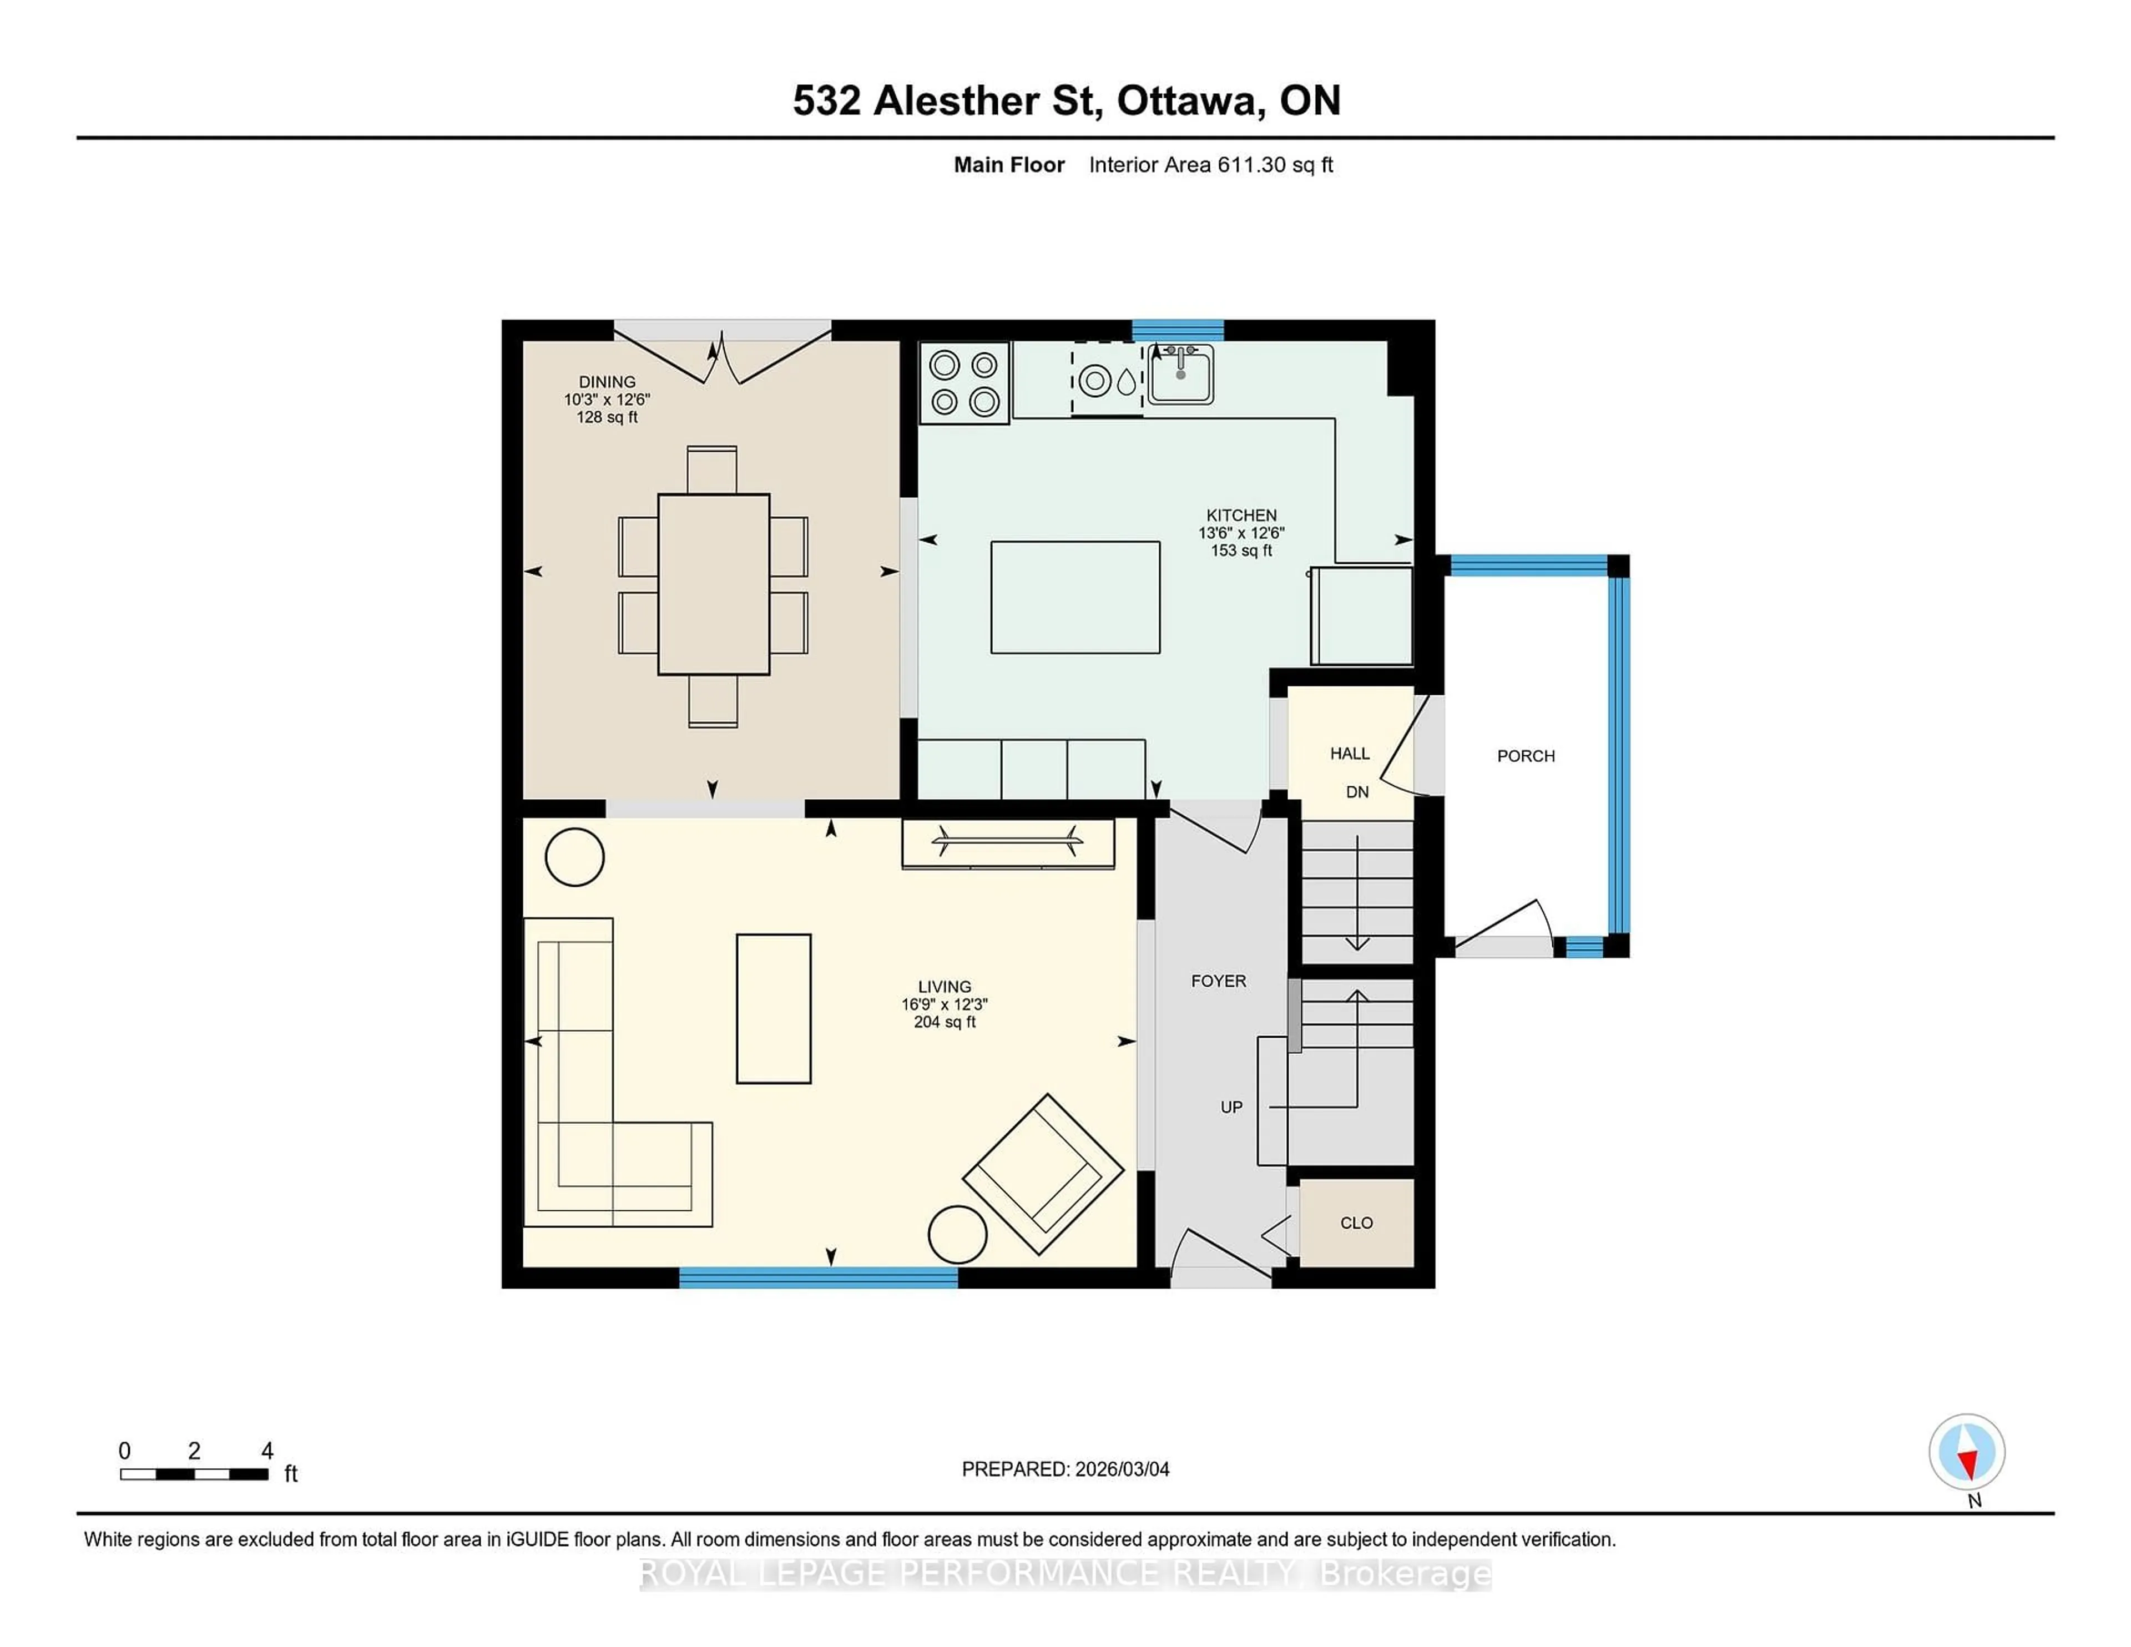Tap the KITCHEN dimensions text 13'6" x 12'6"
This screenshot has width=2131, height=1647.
tap(1240, 533)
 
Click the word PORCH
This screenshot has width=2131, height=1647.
tap(1525, 756)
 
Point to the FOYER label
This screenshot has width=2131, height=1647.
tap(1218, 981)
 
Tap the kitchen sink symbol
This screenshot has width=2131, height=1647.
tap(1180, 373)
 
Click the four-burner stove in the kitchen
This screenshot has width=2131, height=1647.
tap(964, 382)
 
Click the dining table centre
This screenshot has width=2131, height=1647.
tap(713, 583)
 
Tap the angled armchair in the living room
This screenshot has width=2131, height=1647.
tap(1043, 1174)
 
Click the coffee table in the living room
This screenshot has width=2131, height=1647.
tap(773, 1008)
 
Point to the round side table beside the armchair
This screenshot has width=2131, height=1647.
tap(957, 1234)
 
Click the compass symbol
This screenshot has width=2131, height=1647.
tap(1966, 1452)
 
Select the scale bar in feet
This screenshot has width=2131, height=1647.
tap(194, 1474)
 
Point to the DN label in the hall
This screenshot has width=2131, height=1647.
tap(1356, 792)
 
